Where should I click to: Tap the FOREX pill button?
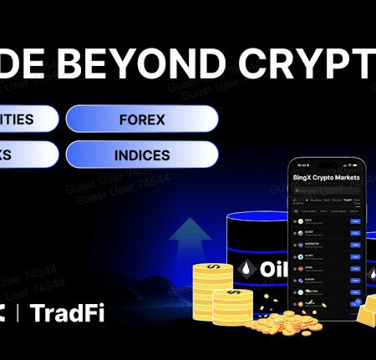tap(142, 119)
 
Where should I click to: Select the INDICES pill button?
tap(142, 155)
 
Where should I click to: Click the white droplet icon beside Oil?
tap(247, 270)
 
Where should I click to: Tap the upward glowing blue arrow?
tap(191, 238)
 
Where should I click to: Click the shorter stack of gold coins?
tap(231, 305)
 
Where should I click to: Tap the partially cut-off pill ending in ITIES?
tap(25, 119)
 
